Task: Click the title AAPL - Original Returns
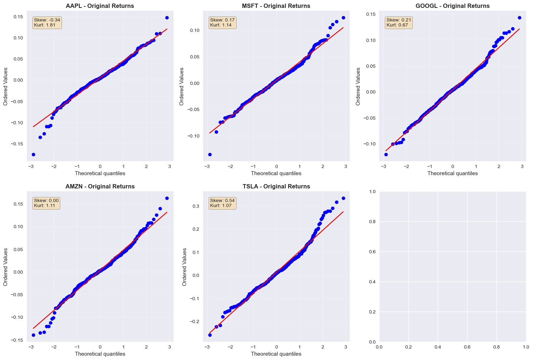[100, 6]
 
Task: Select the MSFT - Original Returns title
[276, 6]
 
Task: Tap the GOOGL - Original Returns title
[452, 6]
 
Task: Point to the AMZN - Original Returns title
[100, 186]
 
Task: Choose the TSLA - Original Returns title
[276, 186]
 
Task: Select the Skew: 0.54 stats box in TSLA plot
[222, 203]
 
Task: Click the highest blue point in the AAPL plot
[167, 18]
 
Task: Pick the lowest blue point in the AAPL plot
[33, 154]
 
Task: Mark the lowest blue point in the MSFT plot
[210, 154]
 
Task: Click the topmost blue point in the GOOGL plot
[519, 18]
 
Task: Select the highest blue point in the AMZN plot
[167, 198]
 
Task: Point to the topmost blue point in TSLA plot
[343, 198]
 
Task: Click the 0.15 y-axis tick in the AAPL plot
[18, 17]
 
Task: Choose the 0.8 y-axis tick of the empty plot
[372, 222]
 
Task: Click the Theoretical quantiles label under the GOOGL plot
[452, 173]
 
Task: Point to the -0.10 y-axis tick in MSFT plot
[193, 136]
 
